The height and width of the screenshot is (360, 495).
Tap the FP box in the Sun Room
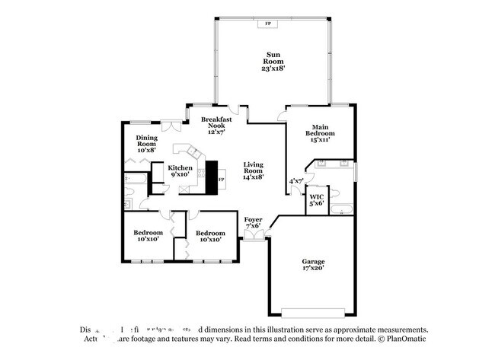267,24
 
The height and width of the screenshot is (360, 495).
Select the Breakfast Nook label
216,126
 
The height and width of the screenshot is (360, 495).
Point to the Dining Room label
147,144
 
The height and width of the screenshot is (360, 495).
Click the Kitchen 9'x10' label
180,170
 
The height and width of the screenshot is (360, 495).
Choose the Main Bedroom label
321,133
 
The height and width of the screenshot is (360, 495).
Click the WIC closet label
317,199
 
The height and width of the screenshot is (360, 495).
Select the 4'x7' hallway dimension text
296,181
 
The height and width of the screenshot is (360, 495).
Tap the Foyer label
253,222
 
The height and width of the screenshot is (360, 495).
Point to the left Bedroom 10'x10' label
148,236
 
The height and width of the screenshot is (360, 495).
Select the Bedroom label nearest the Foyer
210,236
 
